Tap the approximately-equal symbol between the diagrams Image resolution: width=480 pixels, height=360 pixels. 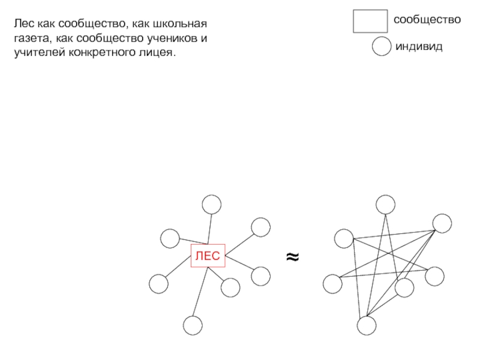pyautogui.click(x=292, y=257)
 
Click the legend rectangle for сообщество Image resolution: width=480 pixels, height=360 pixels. pyautogui.click(x=370, y=21)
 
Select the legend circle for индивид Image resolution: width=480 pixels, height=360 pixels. pyautogui.click(x=382, y=46)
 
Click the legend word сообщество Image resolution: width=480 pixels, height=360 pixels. pyautogui.click(x=427, y=20)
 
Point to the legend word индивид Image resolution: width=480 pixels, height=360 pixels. pyautogui.click(x=418, y=46)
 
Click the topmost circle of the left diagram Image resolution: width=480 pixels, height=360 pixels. pyautogui.click(x=211, y=205)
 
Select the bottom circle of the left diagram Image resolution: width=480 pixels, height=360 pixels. pyautogui.click(x=193, y=325)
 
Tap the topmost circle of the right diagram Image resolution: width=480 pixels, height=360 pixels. pyautogui.click(x=385, y=205)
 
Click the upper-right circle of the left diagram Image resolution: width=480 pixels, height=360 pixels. pyautogui.click(x=261, y=227)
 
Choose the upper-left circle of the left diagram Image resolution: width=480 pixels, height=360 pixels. pyautogui.click(x=171, y=238)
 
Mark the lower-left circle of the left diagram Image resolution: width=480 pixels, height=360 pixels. pyautogui.click(x=158, y=283)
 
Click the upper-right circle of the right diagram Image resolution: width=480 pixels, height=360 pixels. pyautogui.click(x=442, y=223)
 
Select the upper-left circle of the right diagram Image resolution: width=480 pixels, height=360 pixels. pyautogui.click(x=344, y=238)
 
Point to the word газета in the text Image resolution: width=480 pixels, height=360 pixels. pyautogui.click(x=31, y=38)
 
